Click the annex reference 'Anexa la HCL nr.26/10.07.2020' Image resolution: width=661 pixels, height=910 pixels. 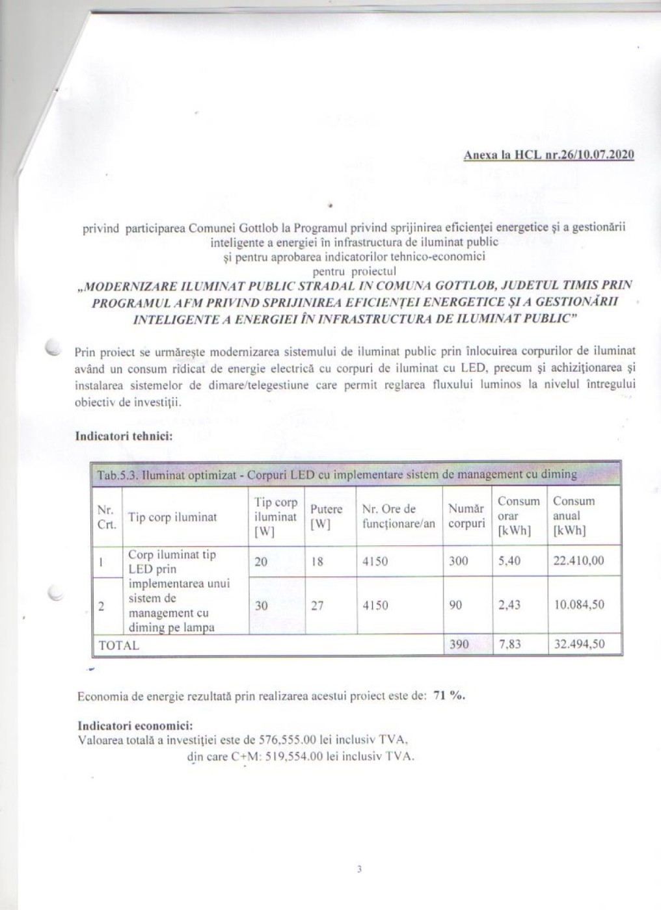click(548, 155)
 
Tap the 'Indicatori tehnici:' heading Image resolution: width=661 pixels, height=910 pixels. click(124, 435)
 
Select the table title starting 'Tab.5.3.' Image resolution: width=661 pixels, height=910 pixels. click(336, 474)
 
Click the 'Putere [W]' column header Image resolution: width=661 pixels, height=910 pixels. click(326, 517)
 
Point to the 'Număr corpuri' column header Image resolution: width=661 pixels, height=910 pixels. click(466, 516)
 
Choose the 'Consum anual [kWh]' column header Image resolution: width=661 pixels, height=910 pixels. click(574, 515)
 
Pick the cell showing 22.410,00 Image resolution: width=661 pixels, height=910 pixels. click(578, 560)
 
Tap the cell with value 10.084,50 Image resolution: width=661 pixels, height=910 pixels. click(578, 604)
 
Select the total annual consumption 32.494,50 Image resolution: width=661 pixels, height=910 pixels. click(578, 644)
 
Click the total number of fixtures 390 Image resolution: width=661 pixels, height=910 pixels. click(459, 644)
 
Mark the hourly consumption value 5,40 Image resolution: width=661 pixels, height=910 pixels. click(509, 560)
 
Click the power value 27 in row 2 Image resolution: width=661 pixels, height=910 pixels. click(317, 605)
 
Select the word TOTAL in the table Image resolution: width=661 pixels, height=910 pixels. click(118, 645)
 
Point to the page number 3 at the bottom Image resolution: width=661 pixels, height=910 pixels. click(359, 869)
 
